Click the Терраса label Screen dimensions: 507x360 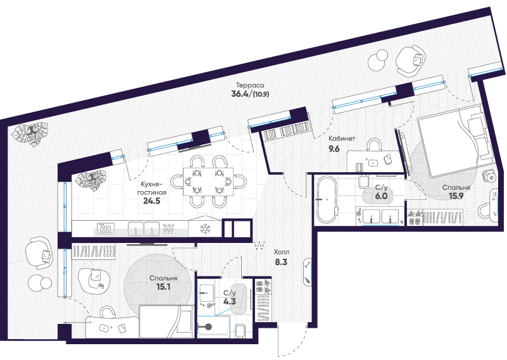point(249,85)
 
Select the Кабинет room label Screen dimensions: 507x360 point(342,139)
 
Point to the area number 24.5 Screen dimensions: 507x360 point(152,201)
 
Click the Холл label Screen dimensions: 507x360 point(281,252)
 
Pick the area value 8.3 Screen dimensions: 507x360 point(281,262)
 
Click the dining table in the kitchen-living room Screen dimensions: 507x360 point(208,182)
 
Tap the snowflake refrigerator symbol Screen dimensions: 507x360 point(205,229)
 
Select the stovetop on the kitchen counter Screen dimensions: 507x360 point(106,229)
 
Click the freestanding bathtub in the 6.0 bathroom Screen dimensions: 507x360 point(327,199)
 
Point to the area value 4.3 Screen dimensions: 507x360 point(229,302)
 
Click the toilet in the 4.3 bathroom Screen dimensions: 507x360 point(240,331)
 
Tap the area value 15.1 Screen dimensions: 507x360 point(163,287)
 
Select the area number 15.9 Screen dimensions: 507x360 point(456,196)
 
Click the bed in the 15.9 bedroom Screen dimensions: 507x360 point(453,142)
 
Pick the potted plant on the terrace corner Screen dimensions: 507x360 point(30,133)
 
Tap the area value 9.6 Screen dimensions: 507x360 point(334,149)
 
